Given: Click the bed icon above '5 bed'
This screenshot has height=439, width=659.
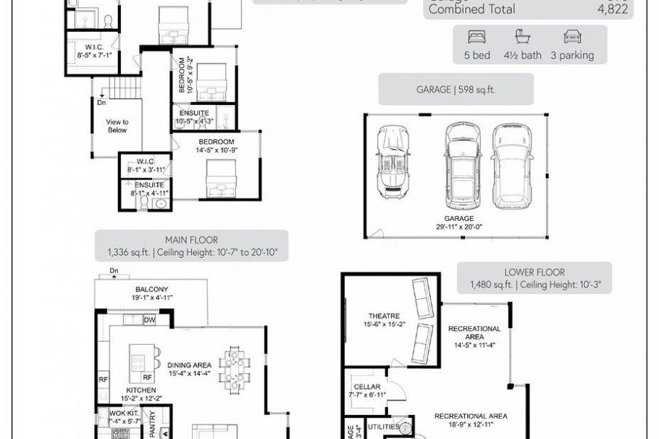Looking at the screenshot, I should (x=477, y=37).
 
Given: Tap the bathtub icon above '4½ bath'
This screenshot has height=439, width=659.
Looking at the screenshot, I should (x=521, y=37).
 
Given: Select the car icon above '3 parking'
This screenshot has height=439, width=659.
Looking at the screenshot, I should (x=571, y=37).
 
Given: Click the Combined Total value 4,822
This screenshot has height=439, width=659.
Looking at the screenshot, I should (x=612, y=9).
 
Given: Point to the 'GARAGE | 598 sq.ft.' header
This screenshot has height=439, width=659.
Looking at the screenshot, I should (x=455, y=90).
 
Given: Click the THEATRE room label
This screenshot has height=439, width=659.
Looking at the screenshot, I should (x=383, y=316).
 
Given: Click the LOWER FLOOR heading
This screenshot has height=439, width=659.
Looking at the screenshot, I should (x=534, y=272).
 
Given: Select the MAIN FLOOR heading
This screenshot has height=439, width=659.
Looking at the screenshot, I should (x=191, y=240).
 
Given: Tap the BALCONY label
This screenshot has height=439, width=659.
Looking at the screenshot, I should (x=151, y=289).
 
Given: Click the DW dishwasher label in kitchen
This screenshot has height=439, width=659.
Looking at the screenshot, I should (x=149, y=320).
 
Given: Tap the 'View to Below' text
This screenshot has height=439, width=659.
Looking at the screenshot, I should (x=117, y=126).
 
